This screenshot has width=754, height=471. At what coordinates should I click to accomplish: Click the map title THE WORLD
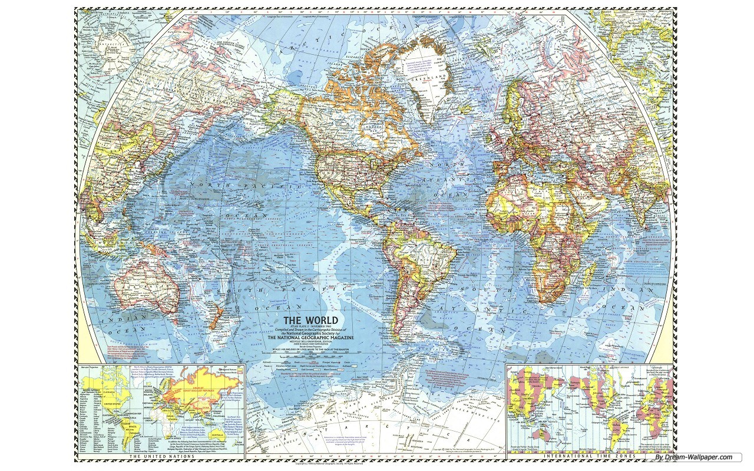coord(310,321)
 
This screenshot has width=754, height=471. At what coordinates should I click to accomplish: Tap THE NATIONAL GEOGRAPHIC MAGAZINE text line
coord(310,338)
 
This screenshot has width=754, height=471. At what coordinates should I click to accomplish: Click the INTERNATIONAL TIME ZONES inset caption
coord(590,456)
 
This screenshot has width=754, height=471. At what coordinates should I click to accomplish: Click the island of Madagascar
coord(591,274)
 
